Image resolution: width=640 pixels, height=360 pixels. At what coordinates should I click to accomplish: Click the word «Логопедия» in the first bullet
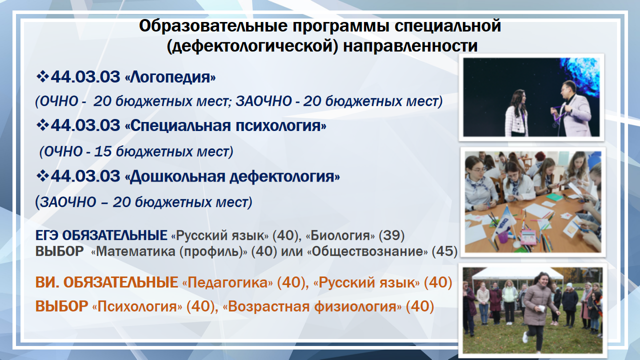coord(170,77)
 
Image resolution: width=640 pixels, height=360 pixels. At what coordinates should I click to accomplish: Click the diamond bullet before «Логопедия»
coord(42,77)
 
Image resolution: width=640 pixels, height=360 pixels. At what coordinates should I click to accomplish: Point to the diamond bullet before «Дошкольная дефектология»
coord(42,176)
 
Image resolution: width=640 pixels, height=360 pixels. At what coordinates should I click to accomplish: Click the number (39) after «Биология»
coord(391,235)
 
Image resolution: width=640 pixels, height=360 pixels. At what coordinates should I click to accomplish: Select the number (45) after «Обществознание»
coord(444,251)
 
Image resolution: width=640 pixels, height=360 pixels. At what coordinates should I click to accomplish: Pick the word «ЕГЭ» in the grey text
coord(46,235)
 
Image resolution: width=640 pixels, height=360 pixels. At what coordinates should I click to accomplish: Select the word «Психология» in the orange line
coord(137,306)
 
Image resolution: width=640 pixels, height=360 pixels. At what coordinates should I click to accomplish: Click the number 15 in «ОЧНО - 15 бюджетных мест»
coord(102,151)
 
